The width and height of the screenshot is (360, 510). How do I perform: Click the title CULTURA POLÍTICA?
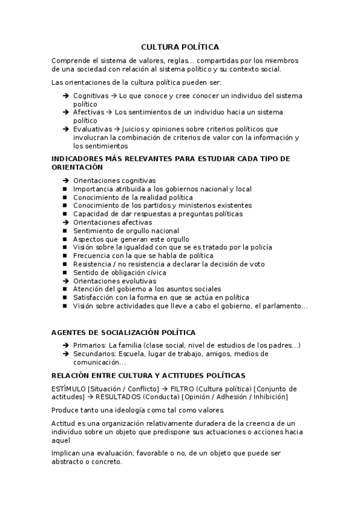point(180,46)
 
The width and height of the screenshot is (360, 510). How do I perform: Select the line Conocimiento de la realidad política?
point(133,197)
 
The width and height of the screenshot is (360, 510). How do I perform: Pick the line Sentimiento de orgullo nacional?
point(126,230)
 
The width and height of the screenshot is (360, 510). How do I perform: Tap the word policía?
point(258,247)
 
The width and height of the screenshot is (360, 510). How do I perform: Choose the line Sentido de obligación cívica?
point(120,272)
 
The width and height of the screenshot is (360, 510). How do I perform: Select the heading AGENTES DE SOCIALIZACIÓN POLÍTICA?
point(123,333)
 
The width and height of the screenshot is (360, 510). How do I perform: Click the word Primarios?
point(89,345)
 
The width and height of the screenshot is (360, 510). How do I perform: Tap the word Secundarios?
point(93,354)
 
